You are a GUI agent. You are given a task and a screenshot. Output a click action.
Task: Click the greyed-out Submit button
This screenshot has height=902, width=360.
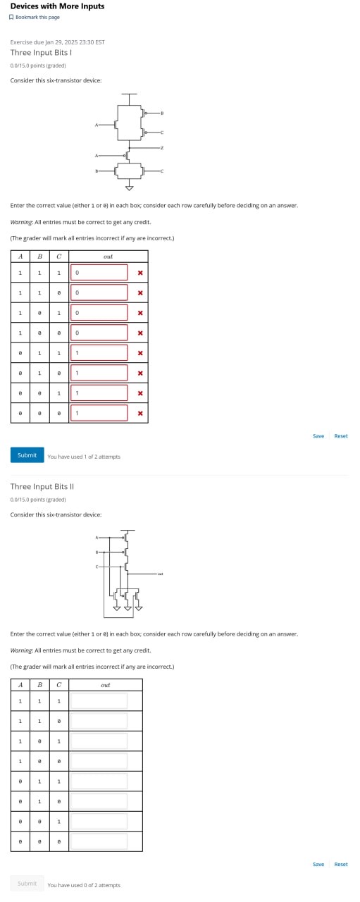click(x=27, y=884)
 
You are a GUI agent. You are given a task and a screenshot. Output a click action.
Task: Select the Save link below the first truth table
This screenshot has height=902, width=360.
click(x=318, y=436)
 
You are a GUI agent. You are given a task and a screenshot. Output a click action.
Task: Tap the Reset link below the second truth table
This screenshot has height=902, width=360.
click(x=341, y=865)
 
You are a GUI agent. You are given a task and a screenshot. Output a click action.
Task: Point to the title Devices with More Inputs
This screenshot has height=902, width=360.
click(x=57, y=6)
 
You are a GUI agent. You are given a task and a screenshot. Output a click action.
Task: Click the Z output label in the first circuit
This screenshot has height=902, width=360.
click(x=162, y=148)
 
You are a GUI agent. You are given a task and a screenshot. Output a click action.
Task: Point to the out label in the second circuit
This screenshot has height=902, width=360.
click(x=161, y=574)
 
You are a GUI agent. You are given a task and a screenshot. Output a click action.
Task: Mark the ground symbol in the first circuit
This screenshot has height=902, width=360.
click(x=129, y=188)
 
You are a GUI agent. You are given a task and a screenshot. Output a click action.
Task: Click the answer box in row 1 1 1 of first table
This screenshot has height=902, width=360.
click(x=99, y=273)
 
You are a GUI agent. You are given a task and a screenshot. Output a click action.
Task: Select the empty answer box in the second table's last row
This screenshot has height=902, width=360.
click(x=99, y=841)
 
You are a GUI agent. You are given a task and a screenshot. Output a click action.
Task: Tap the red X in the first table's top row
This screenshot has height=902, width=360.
click(x=140, y=273)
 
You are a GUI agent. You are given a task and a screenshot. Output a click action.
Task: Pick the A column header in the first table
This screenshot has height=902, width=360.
click(x=20, y=256)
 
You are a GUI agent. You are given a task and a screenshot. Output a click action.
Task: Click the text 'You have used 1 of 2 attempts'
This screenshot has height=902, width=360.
click(x=84, y=457)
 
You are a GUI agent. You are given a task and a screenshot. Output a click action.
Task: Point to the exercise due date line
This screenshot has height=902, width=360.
click(x=58, y=42)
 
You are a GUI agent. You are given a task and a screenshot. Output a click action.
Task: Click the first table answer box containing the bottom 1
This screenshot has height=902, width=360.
click(x=99, y=413)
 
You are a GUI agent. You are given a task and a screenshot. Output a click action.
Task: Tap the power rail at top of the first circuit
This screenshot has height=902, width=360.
click(x=128, y=94)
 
